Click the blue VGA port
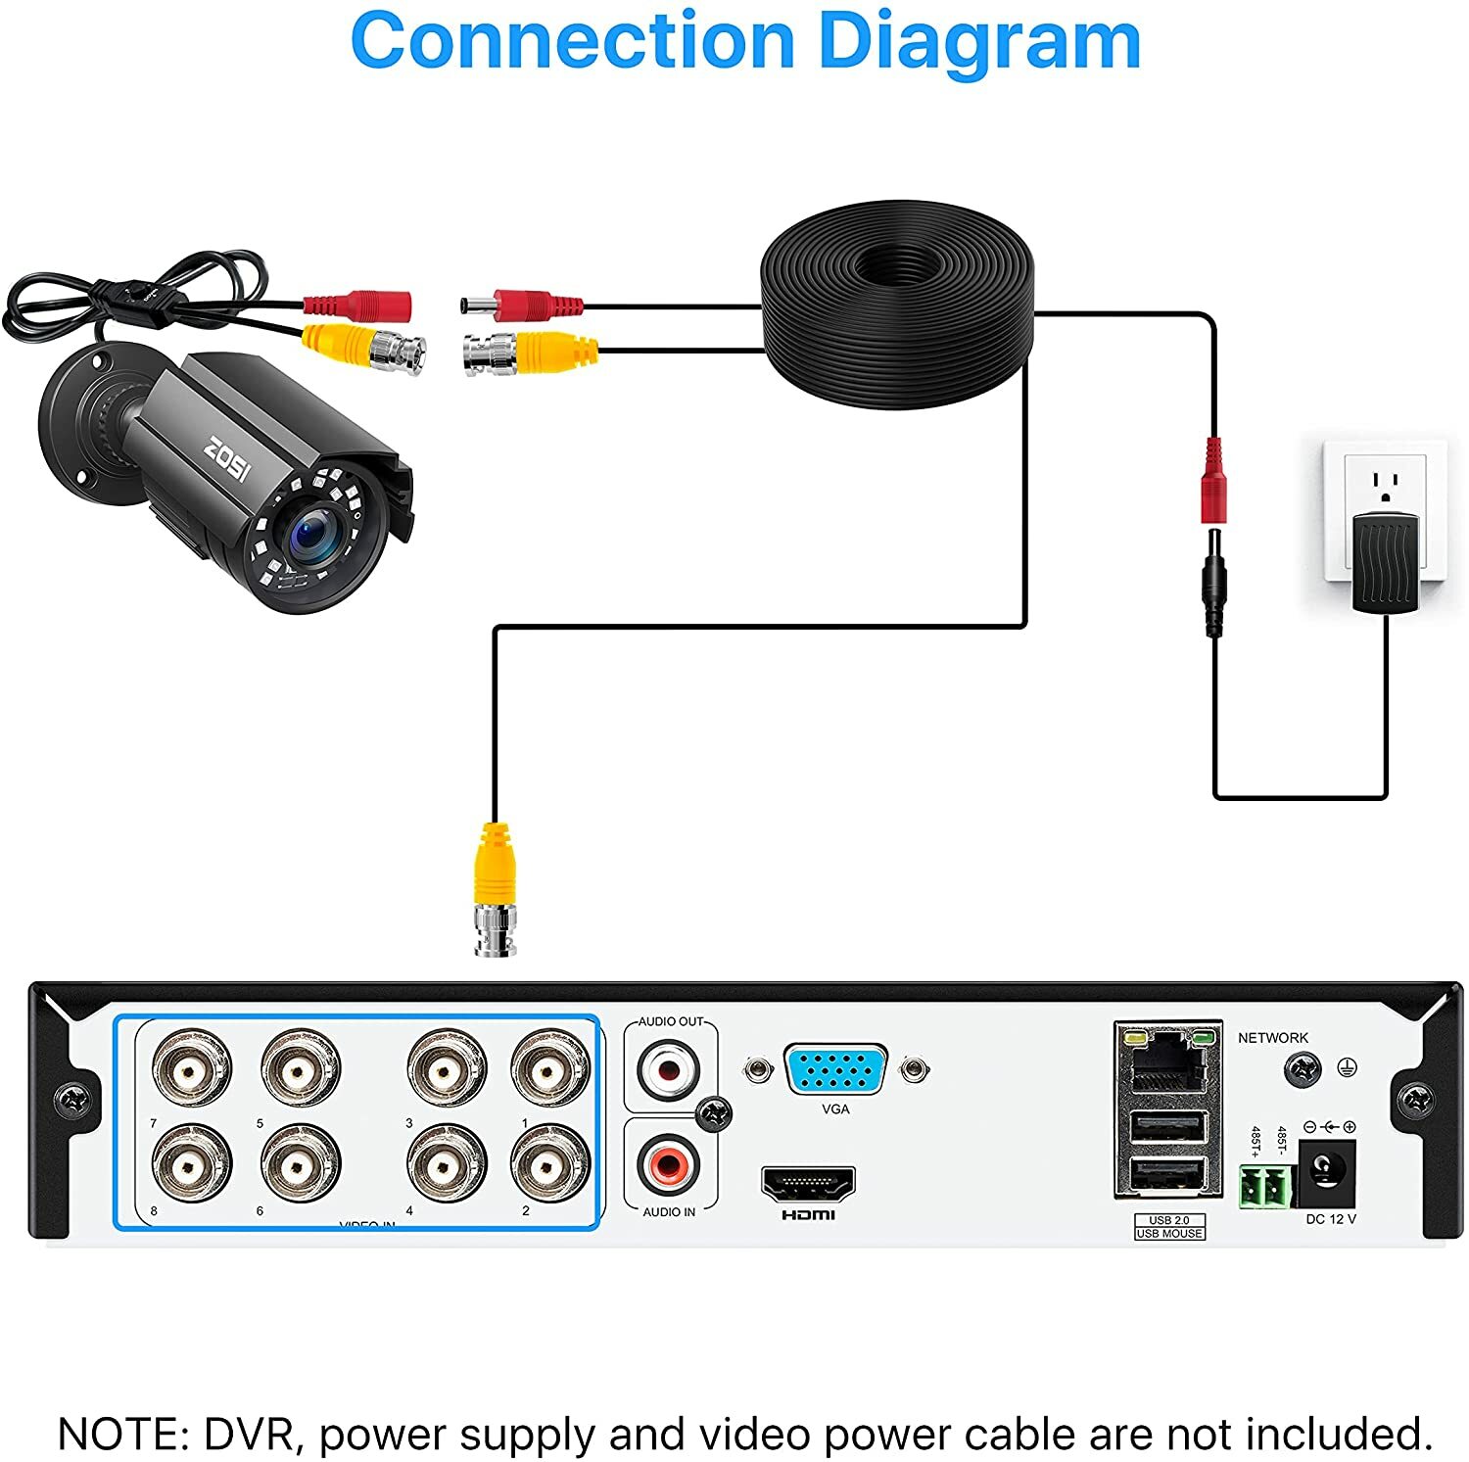point(835,1069)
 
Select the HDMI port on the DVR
point(808,1184)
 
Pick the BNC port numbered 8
point(192,1163)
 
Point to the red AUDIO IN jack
point(670,1164)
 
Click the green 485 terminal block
point(1266,1186)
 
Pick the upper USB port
point(1168,1127)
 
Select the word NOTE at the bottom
point(123,1434)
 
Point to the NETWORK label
point(1272,1037)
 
